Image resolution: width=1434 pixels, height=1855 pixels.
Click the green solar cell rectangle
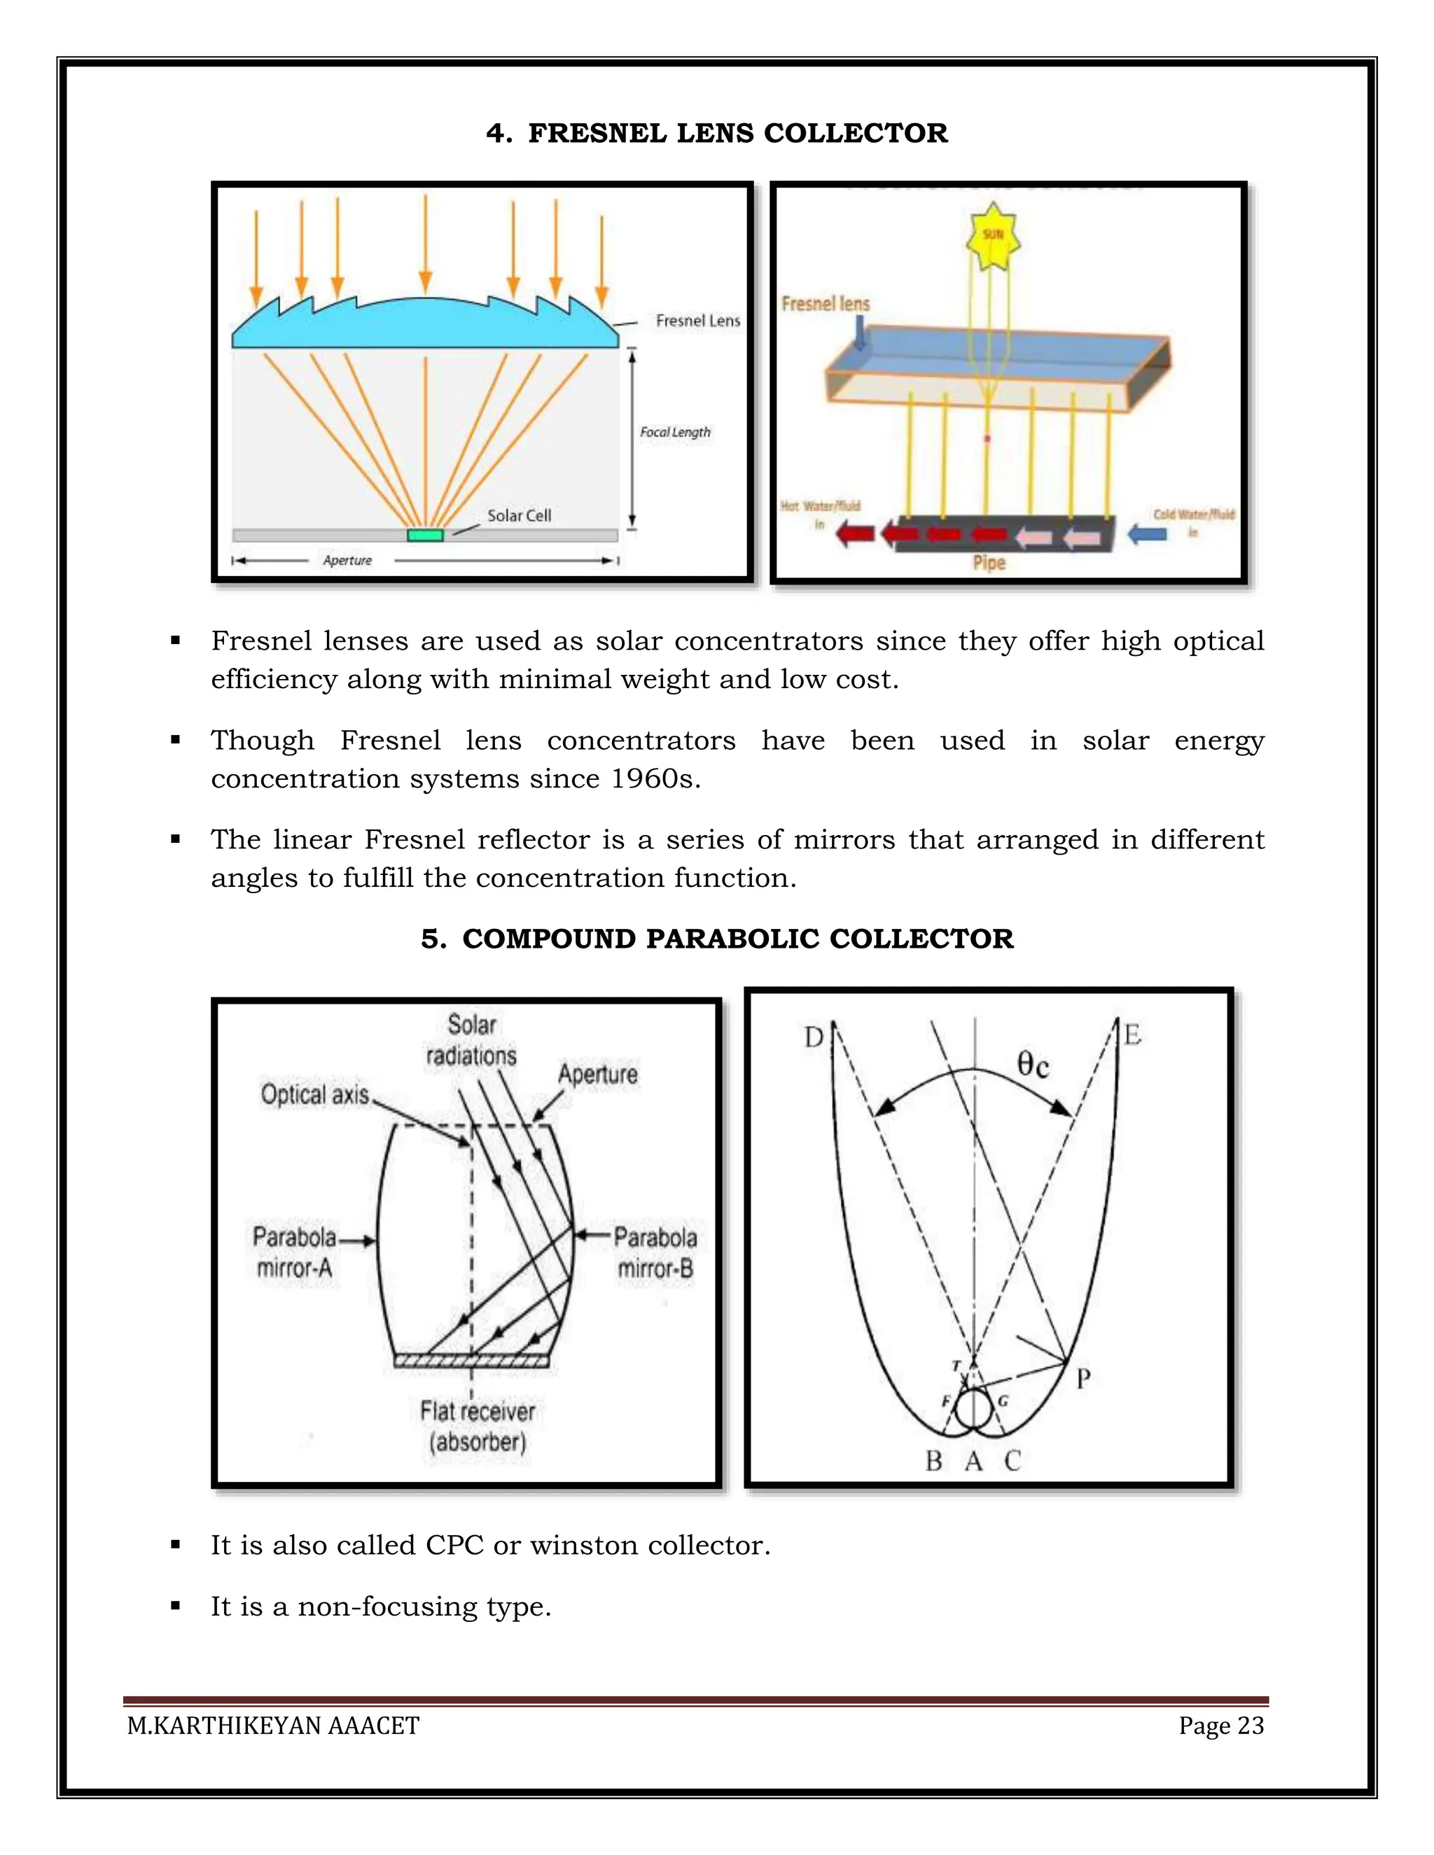pos(425,535)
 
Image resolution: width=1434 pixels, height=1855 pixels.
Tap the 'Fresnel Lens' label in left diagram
pos(697,320)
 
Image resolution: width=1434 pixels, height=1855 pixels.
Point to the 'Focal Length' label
pos(674,433)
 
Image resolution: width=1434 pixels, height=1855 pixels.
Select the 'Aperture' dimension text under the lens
pos(347,561)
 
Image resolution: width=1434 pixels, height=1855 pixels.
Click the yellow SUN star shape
pos(992,235)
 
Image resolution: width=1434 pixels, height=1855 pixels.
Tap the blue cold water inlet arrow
pos(1146,534)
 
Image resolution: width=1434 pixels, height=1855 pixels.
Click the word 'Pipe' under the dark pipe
pos(989,562)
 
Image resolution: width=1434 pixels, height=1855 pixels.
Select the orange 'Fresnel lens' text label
pos(825,303)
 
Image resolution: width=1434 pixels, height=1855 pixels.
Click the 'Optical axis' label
pos(314,1095)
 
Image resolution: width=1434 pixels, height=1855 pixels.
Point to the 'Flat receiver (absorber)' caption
pos(478,1427)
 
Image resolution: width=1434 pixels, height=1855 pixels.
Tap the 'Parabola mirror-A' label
pos(294,1252)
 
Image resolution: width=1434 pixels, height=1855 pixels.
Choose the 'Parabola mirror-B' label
pos(655,1253)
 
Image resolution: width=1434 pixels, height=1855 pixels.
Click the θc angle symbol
pos(1033,1064)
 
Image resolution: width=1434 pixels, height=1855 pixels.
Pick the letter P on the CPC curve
pos(1083,1378)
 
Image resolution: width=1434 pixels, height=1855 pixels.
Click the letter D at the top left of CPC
pos(814,1037)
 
